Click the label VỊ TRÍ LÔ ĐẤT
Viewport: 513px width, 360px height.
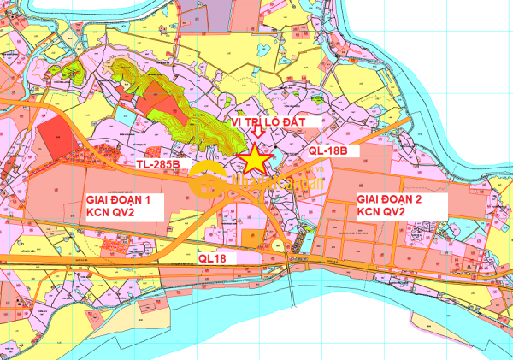tap(274, 123)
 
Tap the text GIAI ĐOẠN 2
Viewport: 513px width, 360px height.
tap(389, 198)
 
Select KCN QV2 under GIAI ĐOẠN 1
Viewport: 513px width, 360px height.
tap(110, 213)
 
